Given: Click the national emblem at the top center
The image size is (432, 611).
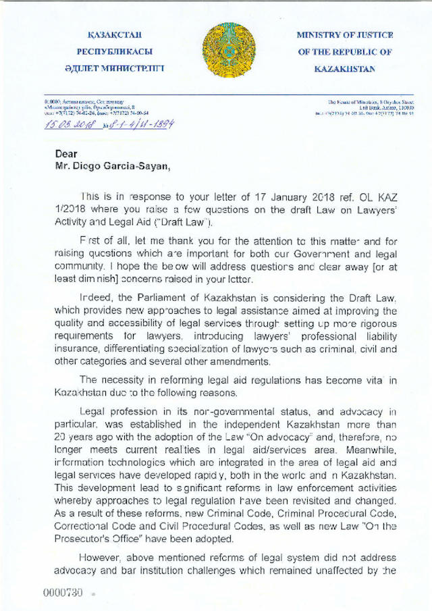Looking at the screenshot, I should pos(230,50).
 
